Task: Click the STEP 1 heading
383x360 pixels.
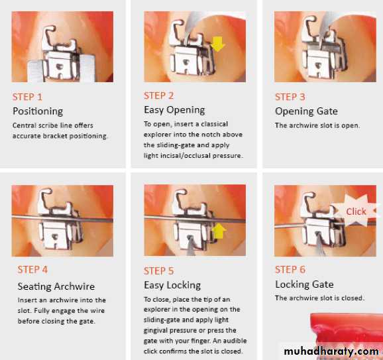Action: [27, 97]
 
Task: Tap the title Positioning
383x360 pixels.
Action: [38, 111]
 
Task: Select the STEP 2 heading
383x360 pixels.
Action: [159, 95]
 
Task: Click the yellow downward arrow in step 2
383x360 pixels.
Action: [217, 44]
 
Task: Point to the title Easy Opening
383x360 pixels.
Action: [174, 110]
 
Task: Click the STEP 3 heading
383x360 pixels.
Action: [290, 97]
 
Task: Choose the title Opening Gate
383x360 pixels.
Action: [307, 111]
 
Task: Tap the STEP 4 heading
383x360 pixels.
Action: [32, 270]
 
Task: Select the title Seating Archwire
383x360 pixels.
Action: [56, 286]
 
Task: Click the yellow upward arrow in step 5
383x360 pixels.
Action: [219, 231]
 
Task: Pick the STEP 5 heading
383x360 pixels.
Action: [159, 270]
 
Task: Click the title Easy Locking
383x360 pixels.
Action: [172, 285]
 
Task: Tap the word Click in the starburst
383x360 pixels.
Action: [356, 211]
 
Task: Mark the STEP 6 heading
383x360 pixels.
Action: [290, 270]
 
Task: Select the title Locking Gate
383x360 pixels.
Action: [304, 284]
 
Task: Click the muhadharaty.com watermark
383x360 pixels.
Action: [331, 351]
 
